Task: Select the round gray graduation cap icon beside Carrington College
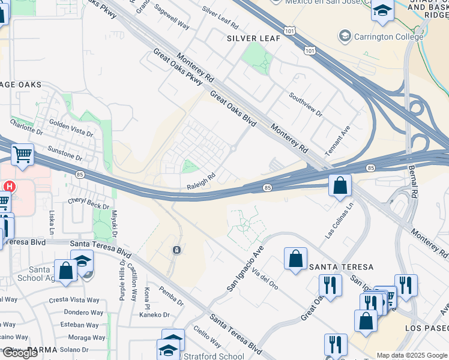[345, 37]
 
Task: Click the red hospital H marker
[10, 187]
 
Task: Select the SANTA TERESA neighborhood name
[341, 266]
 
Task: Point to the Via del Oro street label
[265, 280]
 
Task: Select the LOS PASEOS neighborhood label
[427, 328]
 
